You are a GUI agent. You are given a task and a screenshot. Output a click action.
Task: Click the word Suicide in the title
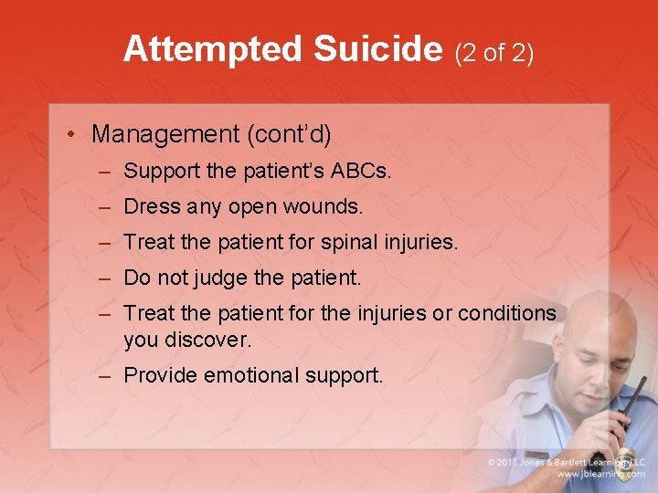pos(377,49)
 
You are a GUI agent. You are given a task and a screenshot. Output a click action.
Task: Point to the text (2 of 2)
pos(493,52)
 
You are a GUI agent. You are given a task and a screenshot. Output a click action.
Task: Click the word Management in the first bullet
pos(164,134)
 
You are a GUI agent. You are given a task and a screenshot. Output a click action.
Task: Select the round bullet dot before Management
pos(70,135)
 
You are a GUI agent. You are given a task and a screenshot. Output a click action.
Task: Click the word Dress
pos(152,207)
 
